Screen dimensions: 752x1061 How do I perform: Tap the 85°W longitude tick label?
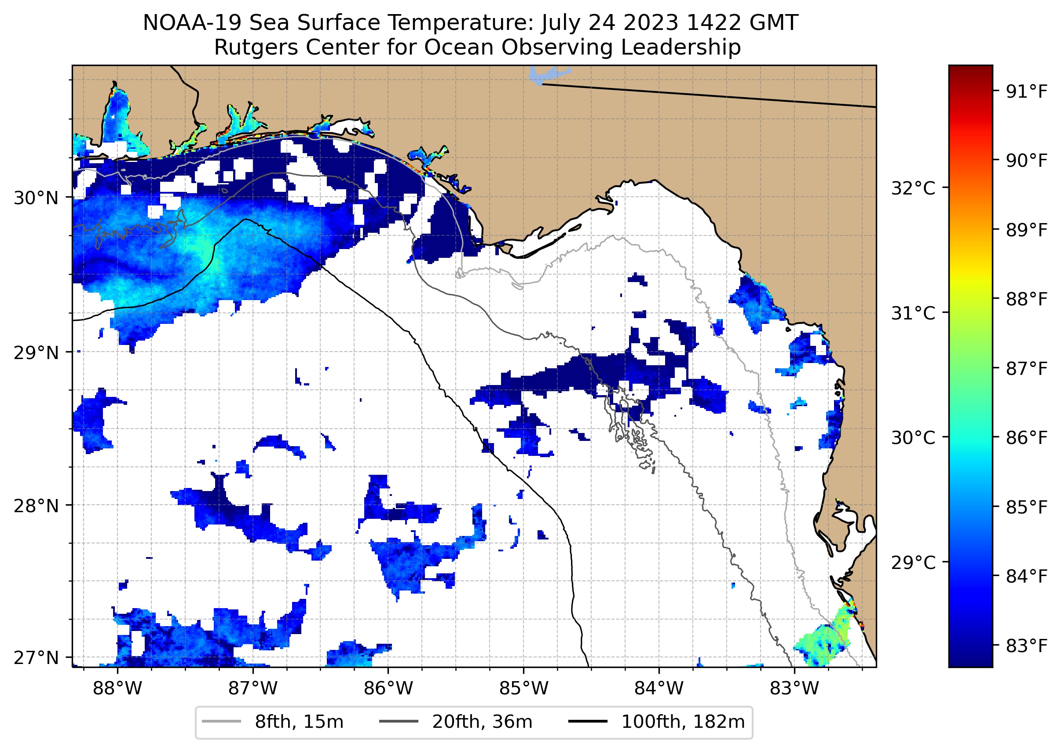523,689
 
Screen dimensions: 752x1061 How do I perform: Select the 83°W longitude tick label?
794,689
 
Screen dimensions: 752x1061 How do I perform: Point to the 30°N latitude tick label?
36,198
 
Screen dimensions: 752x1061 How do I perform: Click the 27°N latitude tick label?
36,657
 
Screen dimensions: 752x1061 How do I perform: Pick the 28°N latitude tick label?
36,506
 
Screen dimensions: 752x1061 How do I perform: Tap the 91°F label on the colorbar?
1027,92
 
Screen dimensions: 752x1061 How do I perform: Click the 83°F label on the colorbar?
1027,646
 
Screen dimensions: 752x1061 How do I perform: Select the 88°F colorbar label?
1027,299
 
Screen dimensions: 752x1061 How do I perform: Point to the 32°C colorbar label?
913,188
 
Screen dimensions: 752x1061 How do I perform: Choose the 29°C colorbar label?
913,563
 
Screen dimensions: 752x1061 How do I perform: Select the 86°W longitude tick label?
388,689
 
